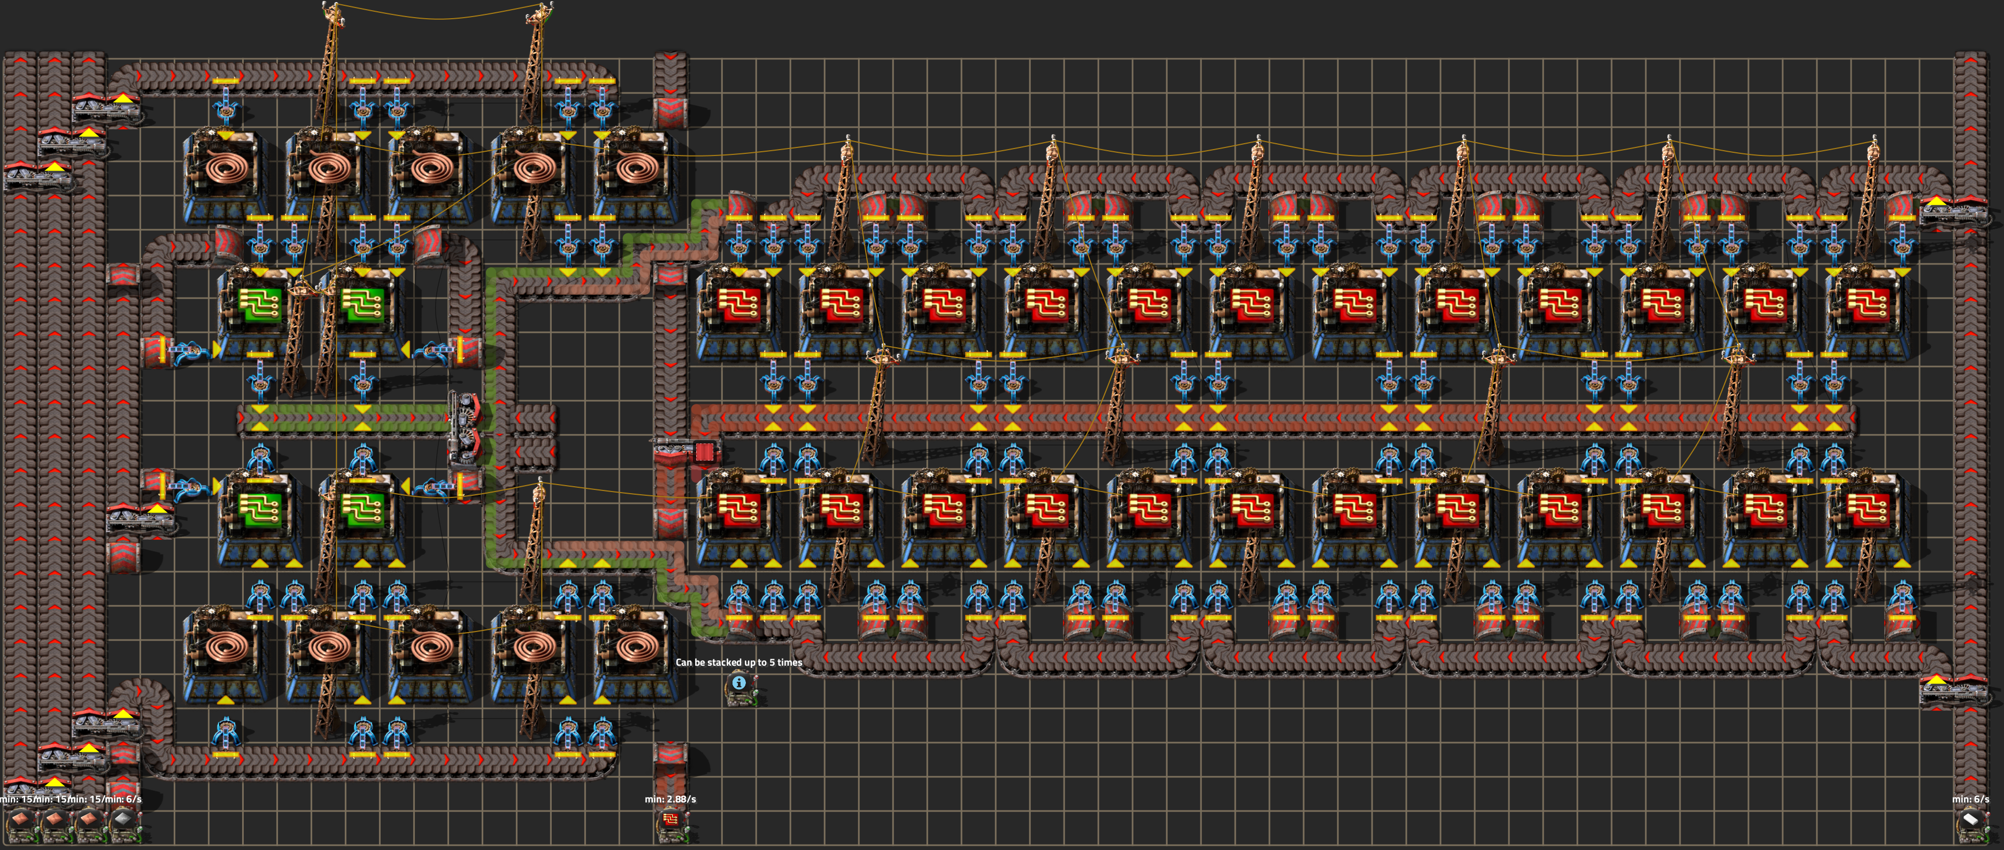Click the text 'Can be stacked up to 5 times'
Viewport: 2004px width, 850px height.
738,662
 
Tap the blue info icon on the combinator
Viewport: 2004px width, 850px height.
739,683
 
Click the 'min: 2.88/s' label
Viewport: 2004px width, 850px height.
670,799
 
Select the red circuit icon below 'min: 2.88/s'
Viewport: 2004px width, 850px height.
670,820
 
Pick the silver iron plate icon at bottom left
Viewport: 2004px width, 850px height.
123,820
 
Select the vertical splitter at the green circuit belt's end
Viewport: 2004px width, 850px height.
465,427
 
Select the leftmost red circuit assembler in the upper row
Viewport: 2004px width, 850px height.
739,307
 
